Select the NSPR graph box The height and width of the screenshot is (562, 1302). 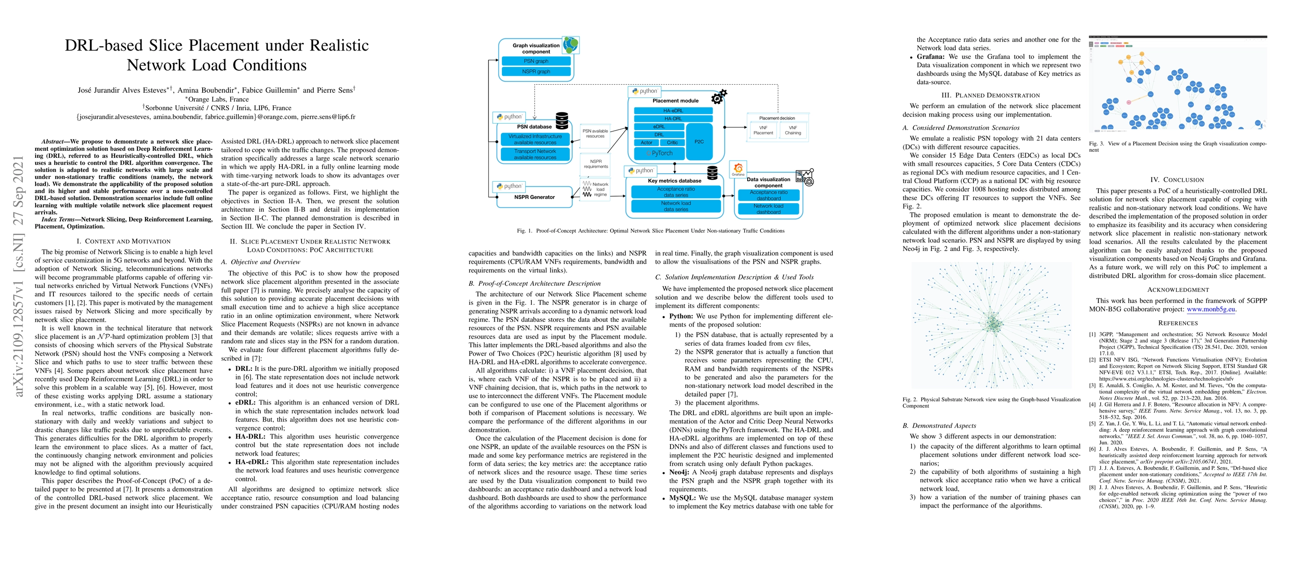(536, 72)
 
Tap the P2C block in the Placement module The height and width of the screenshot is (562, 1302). (699, 141)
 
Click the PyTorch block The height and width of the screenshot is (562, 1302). (660, 153)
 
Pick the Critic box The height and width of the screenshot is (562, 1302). (672, 142)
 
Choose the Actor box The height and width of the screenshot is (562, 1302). (647, 142)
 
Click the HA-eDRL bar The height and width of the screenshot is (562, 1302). (673, 111)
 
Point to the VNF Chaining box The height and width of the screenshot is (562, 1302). (793, 130)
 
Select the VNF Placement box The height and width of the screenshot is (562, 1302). (763, 130)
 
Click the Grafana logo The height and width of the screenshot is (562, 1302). (738, 168)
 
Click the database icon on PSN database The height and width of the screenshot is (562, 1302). (562, 121)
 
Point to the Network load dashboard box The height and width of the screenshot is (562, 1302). (768, 209)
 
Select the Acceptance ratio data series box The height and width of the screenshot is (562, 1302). (676, 192)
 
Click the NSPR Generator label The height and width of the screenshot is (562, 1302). (534, 197)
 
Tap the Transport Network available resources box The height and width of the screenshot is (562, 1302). (535, 154)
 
